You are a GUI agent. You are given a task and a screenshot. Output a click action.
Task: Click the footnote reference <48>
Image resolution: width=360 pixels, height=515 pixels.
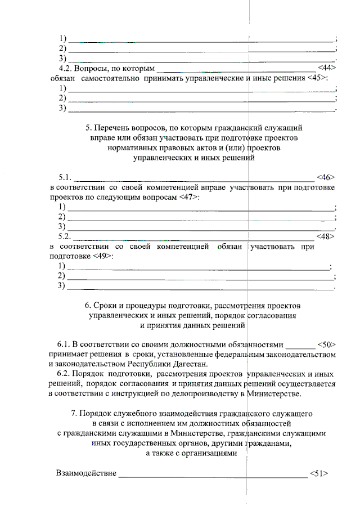[326, 236]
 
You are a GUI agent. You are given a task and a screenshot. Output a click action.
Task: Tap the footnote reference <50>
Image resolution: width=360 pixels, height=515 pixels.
[326, 344]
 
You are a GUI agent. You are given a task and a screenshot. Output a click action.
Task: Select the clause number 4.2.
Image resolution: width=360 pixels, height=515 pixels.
[67, 68]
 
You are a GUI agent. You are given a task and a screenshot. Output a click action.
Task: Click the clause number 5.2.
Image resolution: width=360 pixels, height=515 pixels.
[66, 236]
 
